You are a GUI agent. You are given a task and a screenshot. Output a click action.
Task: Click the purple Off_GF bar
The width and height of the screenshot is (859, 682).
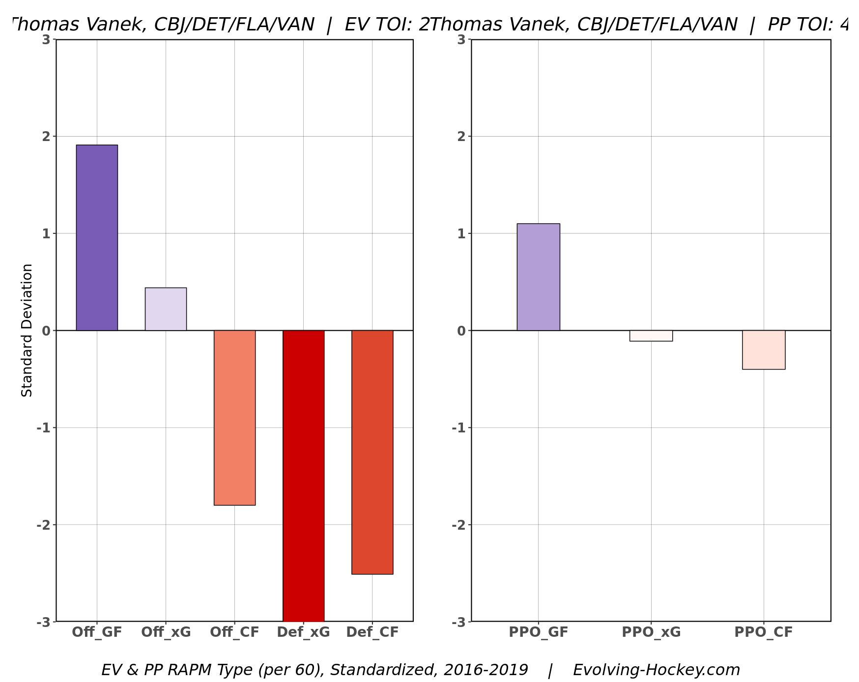pos(97,237)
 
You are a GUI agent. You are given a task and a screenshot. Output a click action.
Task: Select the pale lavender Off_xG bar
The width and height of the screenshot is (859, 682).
pos(166,309)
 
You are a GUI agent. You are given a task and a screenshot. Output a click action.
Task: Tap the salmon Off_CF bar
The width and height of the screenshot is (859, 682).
pos(234,418)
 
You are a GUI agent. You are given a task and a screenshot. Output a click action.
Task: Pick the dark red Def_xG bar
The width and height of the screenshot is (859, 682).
pos(303,476)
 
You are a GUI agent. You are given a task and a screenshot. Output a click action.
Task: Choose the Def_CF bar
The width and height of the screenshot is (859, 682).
pos(372,452)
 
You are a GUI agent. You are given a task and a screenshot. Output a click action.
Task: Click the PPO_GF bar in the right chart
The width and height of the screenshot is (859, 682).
pos(538,277)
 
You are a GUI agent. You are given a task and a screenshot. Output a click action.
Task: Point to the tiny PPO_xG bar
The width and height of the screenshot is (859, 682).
pos(651,336)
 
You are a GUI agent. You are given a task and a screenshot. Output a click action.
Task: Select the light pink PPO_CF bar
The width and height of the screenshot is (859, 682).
pos(763,350)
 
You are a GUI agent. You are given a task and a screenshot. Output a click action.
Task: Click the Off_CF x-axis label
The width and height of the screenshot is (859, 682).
pos(234,632)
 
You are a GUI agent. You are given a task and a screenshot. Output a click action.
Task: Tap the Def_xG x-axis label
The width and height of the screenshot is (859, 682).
pos(303,632)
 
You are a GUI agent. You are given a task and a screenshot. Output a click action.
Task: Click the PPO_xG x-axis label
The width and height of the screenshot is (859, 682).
pos(651,632)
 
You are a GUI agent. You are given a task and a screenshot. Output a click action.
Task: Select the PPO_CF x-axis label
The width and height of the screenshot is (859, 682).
pos(763,632)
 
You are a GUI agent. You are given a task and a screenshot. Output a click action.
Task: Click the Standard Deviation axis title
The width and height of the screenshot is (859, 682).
pos(27,330)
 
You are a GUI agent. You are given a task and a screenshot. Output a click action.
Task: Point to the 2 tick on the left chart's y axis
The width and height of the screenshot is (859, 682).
pos(46,137)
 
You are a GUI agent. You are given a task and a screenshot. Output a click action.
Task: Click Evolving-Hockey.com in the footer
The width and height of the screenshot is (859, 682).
pos(656,670)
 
